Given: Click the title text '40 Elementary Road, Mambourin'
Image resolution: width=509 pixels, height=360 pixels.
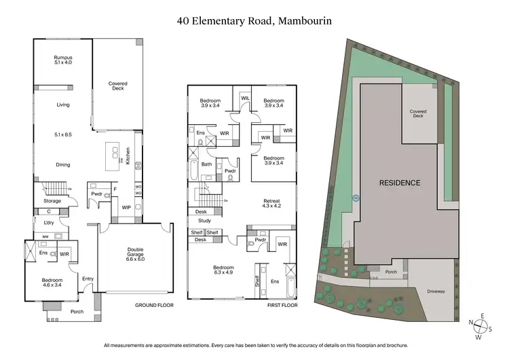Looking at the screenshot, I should click(254, 20).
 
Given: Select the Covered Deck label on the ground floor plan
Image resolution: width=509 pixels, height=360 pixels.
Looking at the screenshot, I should click(118, 86).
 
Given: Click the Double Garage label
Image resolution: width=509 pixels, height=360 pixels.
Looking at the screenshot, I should click(135, 254).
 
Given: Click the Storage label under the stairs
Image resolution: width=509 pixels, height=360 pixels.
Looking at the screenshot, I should click(52, 201).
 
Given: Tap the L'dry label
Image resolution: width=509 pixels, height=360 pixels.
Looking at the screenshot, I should click(49, 223).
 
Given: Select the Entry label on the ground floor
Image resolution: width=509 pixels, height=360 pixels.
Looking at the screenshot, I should click(88, 278).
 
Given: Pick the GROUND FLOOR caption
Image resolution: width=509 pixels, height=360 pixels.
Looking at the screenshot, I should click(155, 306).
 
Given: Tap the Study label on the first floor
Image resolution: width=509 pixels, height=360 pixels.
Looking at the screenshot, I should click(204, 221).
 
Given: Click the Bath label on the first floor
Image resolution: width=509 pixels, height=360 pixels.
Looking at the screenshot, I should click(206, 164).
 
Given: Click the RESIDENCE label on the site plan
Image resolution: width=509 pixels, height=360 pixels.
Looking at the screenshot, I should click(399, 183).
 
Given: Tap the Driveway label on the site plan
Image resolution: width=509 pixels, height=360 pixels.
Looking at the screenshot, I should click(436, 291).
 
